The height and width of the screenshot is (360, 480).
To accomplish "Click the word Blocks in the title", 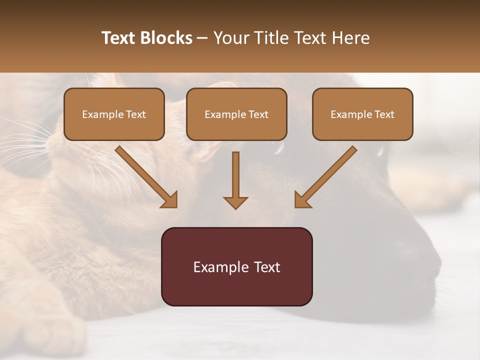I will point(167,38).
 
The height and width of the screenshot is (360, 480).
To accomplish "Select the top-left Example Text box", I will point(114,114).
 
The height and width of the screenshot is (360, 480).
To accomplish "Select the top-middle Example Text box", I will point(236,114).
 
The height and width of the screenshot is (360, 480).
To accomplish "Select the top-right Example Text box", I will point(362,114).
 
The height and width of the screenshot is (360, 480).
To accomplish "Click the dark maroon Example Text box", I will point(236,266).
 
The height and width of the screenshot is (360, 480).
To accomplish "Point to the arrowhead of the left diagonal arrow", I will point(170,200).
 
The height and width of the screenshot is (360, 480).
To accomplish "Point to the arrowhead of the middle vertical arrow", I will point(235,202).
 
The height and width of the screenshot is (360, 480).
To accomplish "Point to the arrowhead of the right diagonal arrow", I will point(302,200).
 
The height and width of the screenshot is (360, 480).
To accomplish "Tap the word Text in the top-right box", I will point(384,114).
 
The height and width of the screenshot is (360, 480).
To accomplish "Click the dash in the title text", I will point(203,38).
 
